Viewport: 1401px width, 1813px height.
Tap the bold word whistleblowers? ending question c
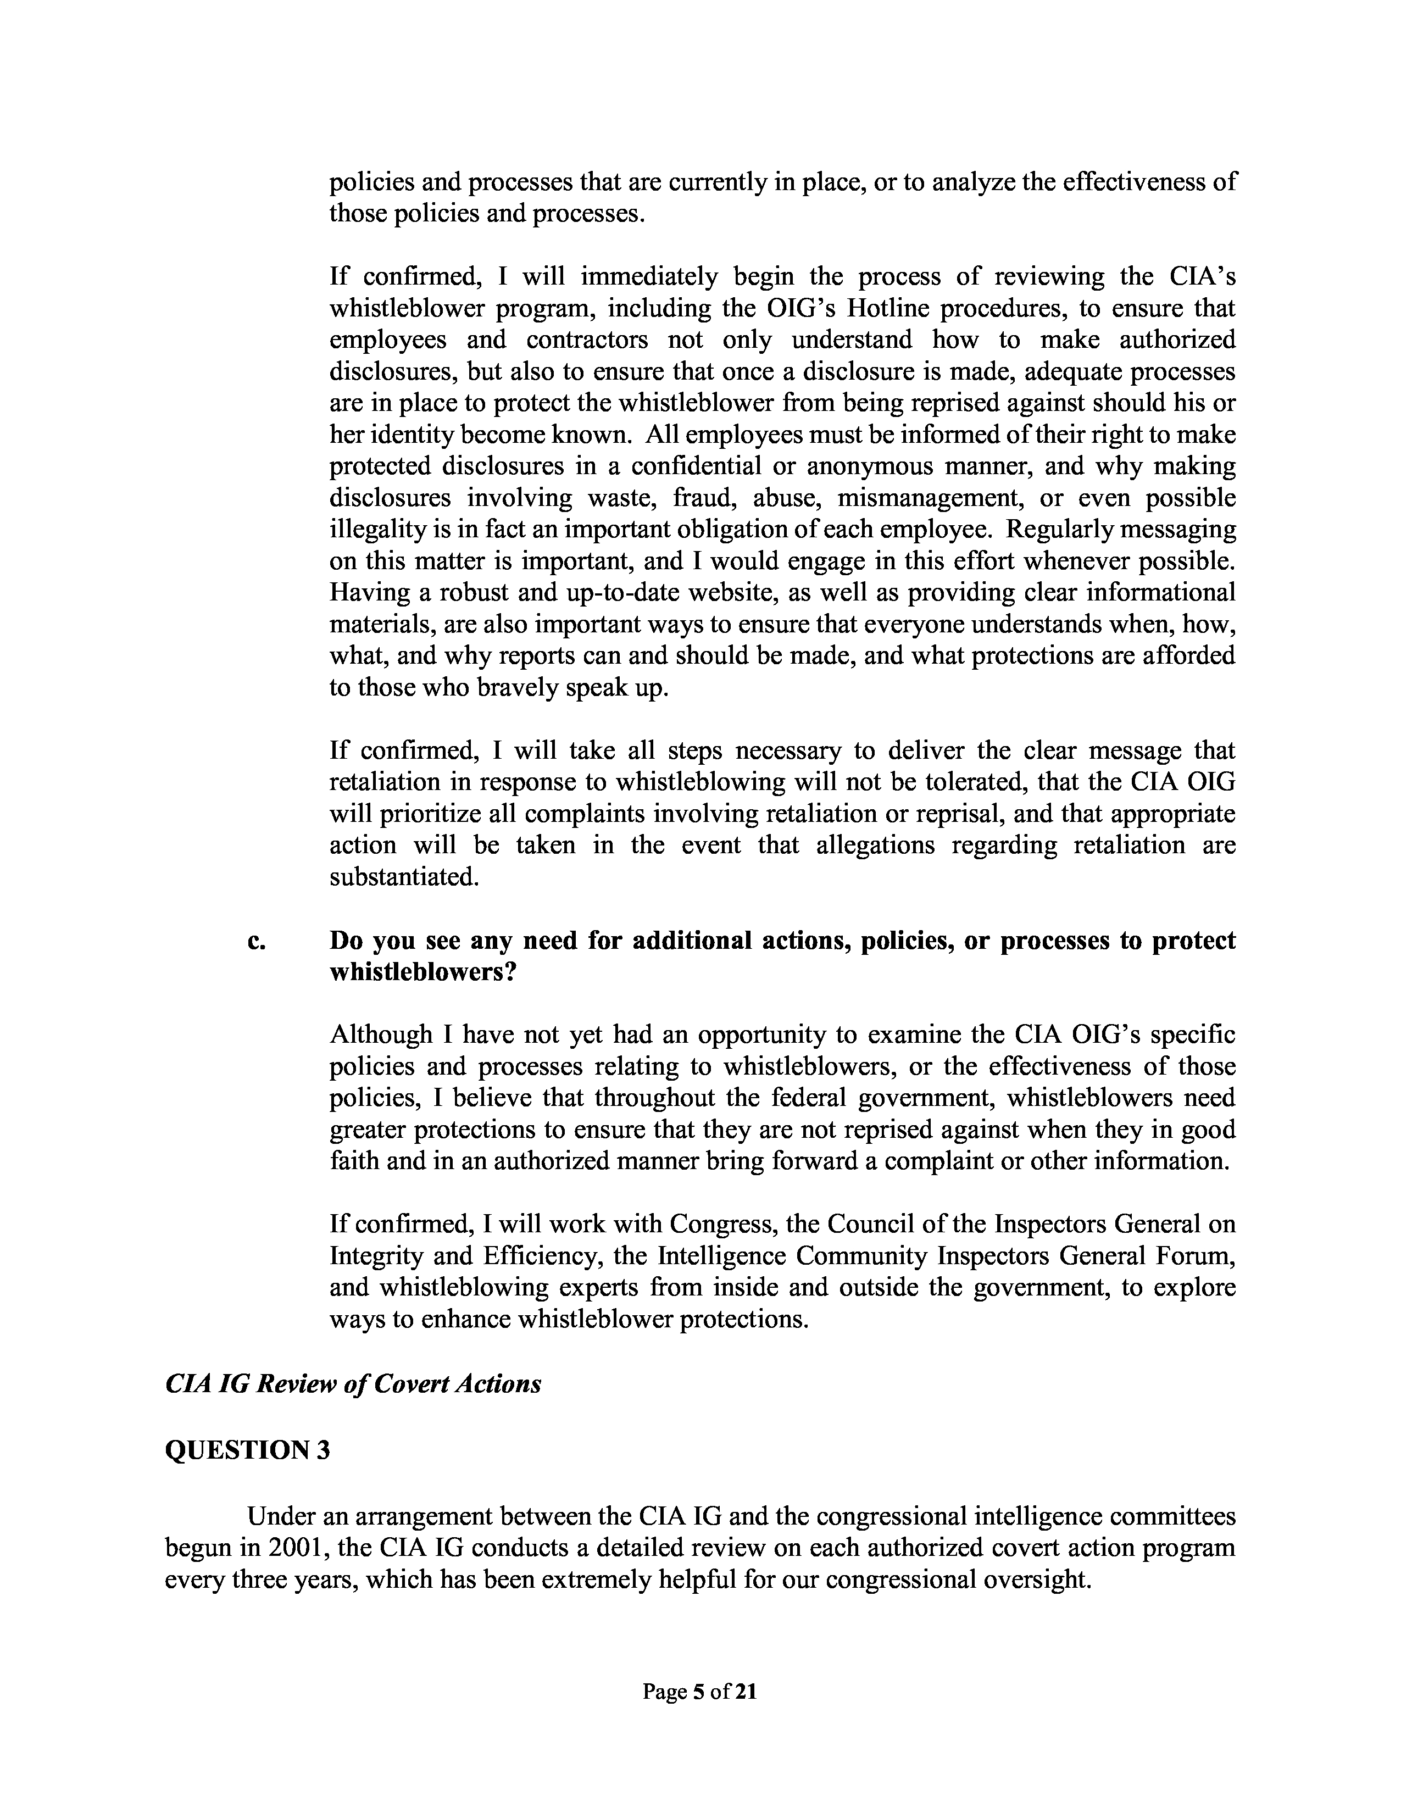[x=423, y=972]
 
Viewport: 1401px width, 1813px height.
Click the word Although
[x=382, y=1035]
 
